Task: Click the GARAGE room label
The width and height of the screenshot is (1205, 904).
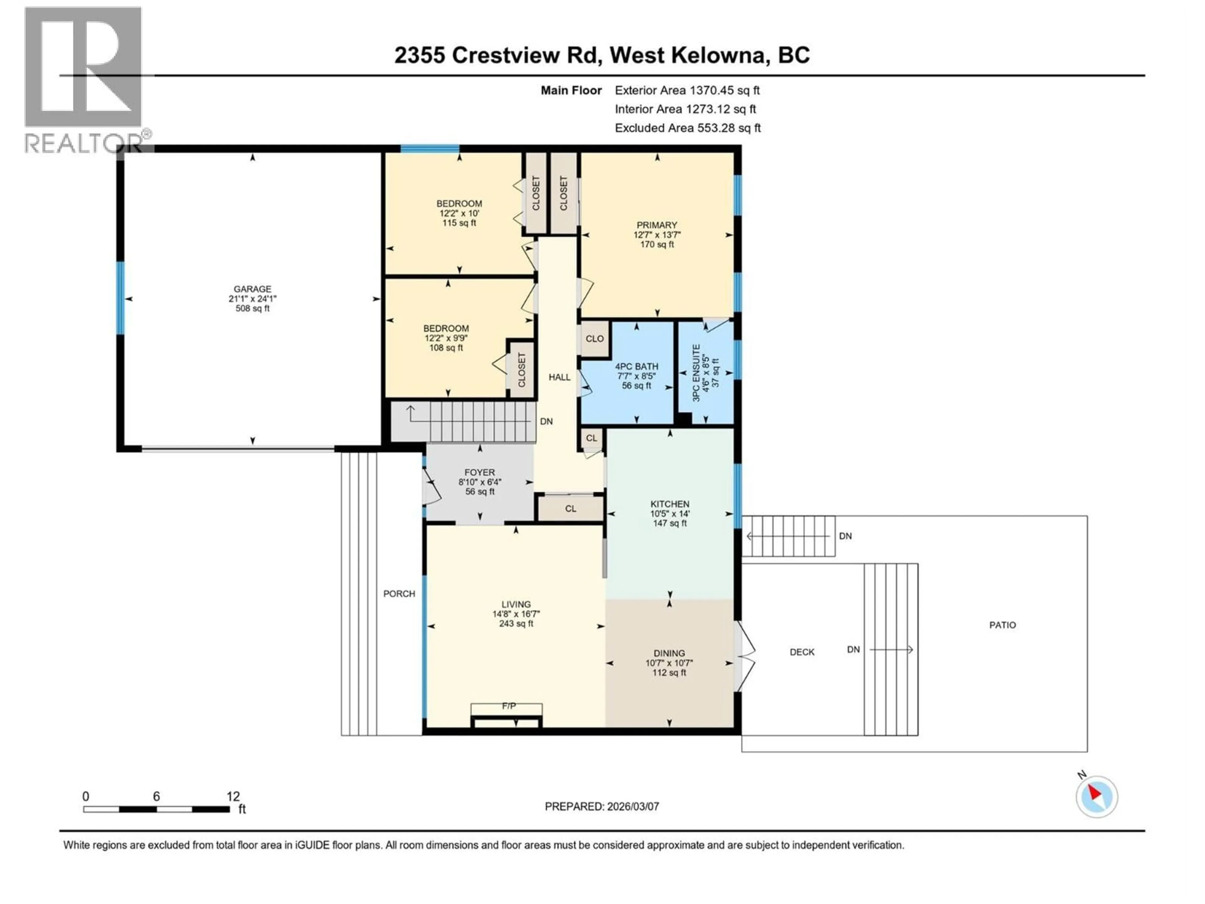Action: (252, 289)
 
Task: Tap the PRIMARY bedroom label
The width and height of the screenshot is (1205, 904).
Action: (657, 225)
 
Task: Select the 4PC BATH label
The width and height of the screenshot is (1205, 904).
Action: (636, 367)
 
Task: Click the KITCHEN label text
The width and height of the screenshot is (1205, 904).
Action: (670, 504)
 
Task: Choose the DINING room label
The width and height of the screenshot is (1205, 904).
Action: (669, 653)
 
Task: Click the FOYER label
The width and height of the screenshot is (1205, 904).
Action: (479, 472)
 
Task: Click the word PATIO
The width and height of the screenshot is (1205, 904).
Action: (1002, 625)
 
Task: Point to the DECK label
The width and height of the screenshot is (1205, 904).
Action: (802, 652)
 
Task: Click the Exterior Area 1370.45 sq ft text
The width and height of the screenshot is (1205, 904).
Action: (687, 90)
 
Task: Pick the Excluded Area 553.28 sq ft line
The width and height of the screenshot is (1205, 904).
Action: (688, 128)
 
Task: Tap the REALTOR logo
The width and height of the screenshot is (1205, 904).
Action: (84, 79)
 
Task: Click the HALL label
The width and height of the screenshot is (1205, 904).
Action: (560, 377)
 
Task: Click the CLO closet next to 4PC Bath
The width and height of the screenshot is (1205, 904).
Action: (594, 338)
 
